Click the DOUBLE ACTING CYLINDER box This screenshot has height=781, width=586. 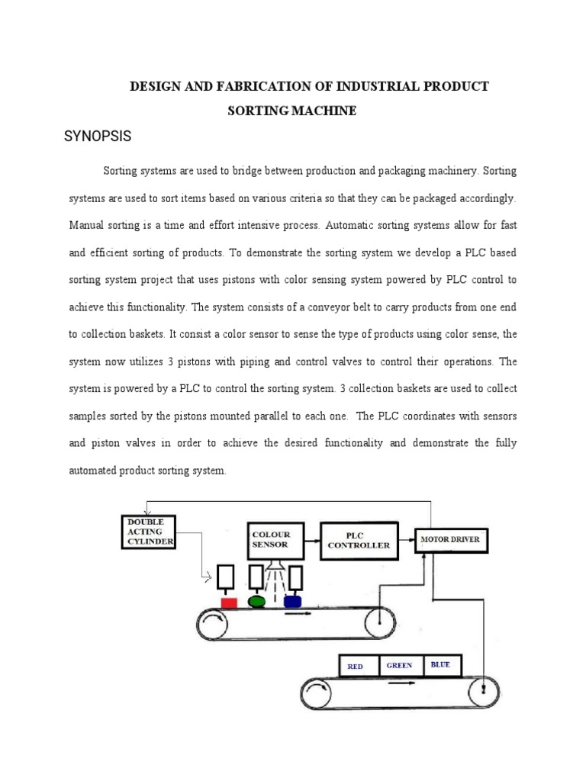point(149,532)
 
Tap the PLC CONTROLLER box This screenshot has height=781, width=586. point(359,540)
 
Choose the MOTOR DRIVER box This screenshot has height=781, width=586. point(450,540)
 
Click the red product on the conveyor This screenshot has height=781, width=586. point(228,603)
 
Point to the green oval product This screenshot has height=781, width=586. point(257,602)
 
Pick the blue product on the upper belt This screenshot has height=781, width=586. point(292,602)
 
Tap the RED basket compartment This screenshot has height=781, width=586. point(357,666)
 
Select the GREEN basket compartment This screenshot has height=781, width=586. point(400,665)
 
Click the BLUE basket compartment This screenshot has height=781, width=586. point(440,665)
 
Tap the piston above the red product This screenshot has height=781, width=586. point(227,577)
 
